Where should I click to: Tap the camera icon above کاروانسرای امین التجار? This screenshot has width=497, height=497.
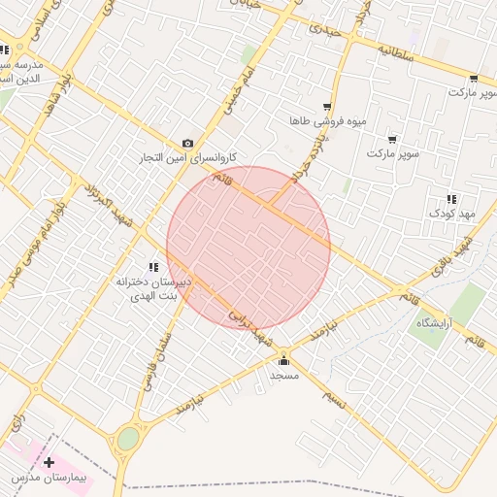pos(187,143)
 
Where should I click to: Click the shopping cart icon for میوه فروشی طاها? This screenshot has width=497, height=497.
pos(327,107)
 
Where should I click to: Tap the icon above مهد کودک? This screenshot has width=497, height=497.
pos(451,199)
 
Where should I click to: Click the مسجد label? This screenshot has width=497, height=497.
pos(284,375)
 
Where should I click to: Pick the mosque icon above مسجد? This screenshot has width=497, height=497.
pos(283,362)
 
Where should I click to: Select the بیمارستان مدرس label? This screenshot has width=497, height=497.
pos(50,479)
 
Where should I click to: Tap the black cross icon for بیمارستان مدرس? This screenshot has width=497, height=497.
pos(49,463)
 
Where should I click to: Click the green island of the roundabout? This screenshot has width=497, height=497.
pos(128,440)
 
